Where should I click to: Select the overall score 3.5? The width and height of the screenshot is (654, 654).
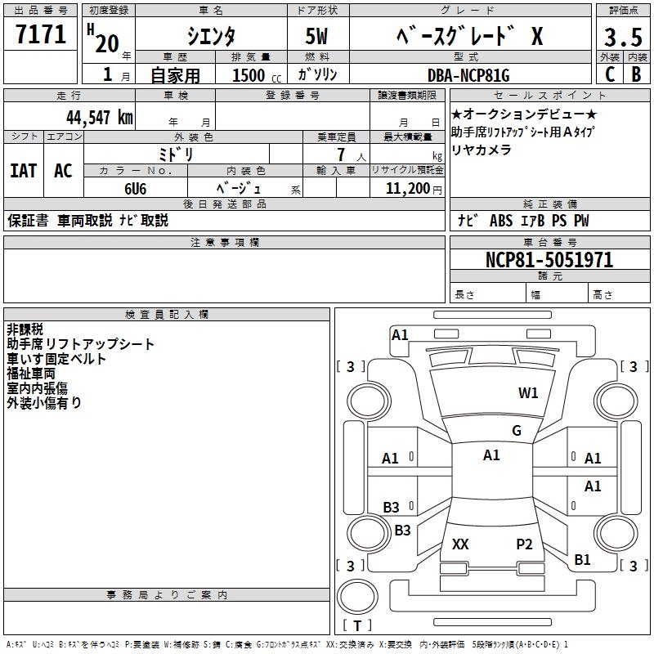(622, 38)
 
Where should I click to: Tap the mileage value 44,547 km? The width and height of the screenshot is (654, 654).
(99, 117)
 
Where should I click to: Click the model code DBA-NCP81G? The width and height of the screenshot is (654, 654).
(468, 75)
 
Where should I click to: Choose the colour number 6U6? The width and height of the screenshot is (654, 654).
(136, 188)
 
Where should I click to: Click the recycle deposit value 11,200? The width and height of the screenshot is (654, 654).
(405, 188)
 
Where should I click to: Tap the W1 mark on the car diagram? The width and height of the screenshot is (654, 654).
(528, 393)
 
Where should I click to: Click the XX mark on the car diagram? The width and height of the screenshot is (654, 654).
(460, 544)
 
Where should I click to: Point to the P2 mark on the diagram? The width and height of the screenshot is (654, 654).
(524, 544)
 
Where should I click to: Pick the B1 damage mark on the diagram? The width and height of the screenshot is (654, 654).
(582, 560)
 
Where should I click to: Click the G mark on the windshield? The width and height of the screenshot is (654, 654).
(517, 431)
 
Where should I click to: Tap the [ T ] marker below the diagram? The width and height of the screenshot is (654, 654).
(357, 626)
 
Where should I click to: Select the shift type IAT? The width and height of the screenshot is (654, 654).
(23, 170)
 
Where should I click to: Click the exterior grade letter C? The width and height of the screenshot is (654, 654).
(609, 74)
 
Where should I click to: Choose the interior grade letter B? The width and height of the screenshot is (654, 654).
(636, 74)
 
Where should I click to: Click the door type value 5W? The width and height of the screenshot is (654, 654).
(317, 38)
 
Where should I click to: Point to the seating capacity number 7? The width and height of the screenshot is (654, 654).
(339, 155)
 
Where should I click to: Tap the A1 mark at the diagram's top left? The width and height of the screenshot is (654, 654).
(400, 334)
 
